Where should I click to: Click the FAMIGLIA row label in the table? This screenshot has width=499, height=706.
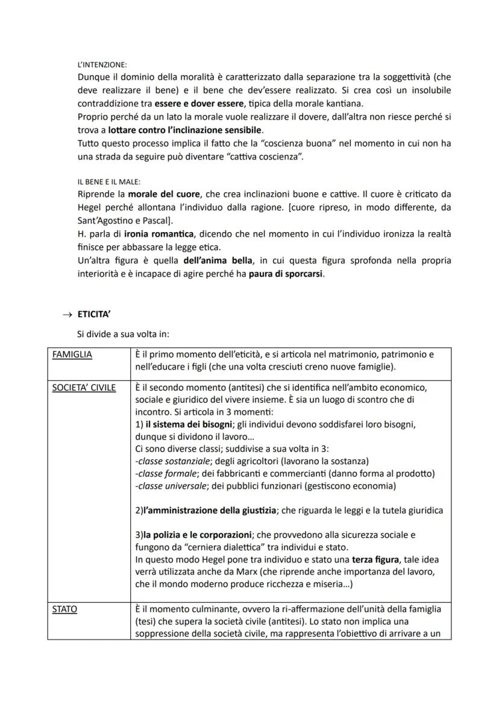(72, 355)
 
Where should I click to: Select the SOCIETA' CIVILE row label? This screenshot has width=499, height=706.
(83, 387)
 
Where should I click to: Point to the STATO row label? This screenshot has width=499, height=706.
(64, 610)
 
